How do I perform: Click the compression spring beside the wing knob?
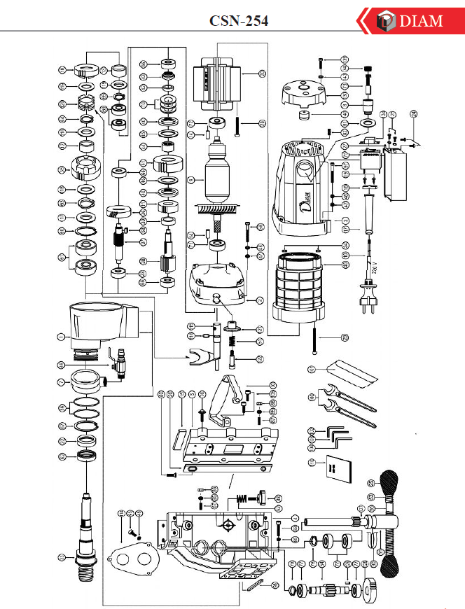[242, 498]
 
